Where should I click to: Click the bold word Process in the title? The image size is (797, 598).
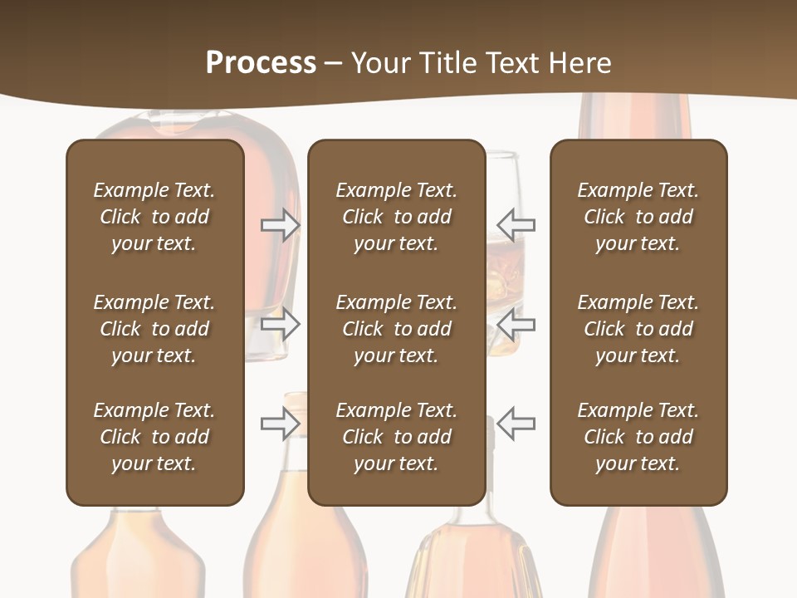click(261, 63)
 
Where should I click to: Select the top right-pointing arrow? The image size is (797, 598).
click(281, 225)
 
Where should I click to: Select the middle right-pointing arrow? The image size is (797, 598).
click(281, 324)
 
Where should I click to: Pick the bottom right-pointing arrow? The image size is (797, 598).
click(281, 424)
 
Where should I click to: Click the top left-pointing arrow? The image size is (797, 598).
click(516, 224)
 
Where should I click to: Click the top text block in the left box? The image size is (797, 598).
click(154, 217)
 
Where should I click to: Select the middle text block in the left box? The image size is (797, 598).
click(154, 329)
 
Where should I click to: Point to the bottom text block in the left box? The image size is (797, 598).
click(154, 437)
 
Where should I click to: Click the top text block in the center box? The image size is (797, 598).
click(397, 217)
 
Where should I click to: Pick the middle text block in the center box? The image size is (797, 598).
click(397, 329)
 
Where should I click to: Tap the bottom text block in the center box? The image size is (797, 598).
click(397, 437)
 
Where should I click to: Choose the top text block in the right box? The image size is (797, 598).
click(638, 217)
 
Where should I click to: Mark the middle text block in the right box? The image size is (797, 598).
click(638, 329)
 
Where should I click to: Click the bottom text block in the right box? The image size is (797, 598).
click(638, 437)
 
